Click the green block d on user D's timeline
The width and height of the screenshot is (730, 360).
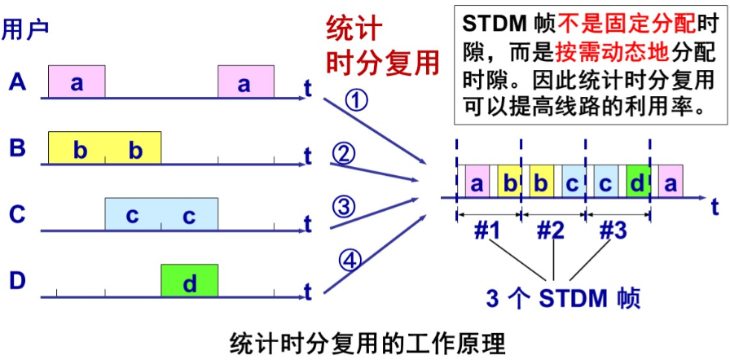tap(189, 282)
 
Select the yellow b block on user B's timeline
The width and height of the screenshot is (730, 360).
tap(104, 149)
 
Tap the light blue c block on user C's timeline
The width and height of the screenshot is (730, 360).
tap(161, 215)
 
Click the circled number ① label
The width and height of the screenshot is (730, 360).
tap(356, 101)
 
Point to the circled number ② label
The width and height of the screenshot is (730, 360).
tap(345, 152)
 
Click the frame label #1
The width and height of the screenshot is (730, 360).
tap(488, 230)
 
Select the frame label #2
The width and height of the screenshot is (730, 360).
tap(552, 230)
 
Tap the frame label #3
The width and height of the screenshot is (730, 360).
tap(613, 230)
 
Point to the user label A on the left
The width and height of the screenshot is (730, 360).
tap(18, 82)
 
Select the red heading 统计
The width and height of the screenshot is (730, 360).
tap(354, 29)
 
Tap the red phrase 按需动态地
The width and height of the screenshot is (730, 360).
tap(611, 51)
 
